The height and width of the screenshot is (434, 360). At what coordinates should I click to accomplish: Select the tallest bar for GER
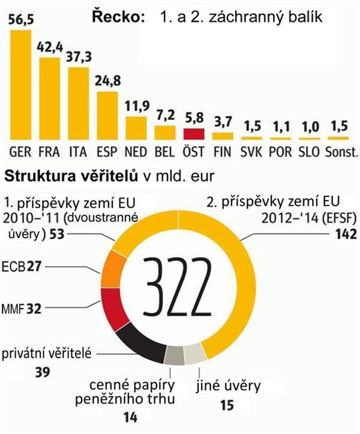click(x=22, y=84)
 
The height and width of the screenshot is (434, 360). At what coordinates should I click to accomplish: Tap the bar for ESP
click(x=108, y=114)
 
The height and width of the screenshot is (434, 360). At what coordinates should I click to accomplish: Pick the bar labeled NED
click(x=137, y=128)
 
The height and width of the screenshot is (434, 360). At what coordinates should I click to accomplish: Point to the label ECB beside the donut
click(x=15, y=265)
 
